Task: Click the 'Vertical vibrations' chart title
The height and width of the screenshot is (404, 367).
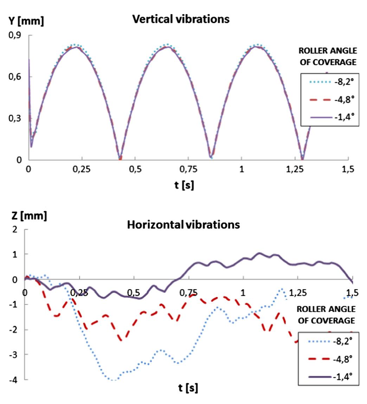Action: pos(181,19)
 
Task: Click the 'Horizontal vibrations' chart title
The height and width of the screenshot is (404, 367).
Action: pos(183,224)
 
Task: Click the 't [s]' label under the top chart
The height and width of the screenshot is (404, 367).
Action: pos(184,185)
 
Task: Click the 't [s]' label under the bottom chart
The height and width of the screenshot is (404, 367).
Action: pos(188,388)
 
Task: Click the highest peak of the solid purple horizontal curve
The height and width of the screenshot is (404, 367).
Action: pos(259,253)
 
